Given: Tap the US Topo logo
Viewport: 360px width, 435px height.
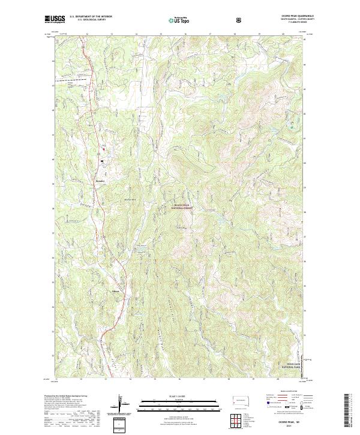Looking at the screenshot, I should point(175,20).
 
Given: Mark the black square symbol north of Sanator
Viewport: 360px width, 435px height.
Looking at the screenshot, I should point(102,161).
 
